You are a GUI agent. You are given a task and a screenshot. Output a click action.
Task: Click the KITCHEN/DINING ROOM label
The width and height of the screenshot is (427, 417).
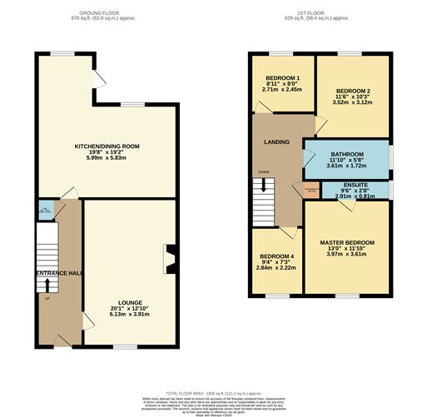point(107,146)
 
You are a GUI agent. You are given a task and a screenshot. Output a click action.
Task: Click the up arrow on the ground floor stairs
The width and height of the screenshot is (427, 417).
point(47,284)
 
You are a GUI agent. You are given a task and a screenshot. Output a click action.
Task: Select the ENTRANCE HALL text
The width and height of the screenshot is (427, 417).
point(57,273)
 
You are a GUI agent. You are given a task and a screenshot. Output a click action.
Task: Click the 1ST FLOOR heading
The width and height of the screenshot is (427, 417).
point(317,14)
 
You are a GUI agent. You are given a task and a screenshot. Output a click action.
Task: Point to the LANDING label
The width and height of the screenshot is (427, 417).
point(277,142)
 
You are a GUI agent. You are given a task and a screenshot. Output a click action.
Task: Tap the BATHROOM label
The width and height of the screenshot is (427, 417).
point(347,155)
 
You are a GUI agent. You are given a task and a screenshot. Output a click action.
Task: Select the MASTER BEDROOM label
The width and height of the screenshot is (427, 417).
point(347,242)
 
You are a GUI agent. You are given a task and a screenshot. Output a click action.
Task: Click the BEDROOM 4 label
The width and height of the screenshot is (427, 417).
point(276,256)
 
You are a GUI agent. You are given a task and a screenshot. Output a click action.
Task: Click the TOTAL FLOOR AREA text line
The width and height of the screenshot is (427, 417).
point(213,391)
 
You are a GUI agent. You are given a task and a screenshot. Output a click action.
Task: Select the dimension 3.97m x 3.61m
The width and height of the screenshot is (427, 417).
point(347,255)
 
